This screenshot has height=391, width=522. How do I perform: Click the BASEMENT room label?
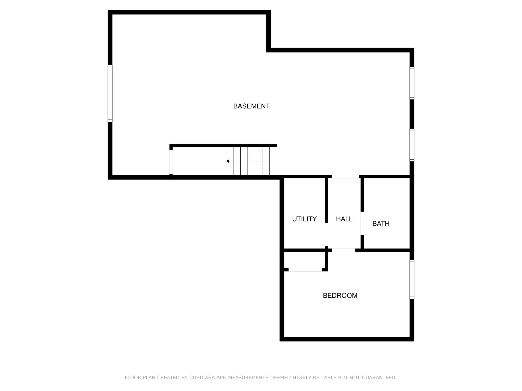point(251,106)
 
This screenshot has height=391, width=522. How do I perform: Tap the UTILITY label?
point(304,219)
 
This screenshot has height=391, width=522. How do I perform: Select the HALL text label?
point(344,219)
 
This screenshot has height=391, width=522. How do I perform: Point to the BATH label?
point(381,224)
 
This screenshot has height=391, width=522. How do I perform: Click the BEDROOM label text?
point(340,296)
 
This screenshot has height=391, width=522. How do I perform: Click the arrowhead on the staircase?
point(228,161)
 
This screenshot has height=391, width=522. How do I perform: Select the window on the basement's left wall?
point(110,93)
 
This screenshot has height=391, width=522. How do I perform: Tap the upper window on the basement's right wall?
point(412,83)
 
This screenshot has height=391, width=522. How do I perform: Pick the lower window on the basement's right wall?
point(412,145)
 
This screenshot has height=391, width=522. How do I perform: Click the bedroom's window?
point(412,279)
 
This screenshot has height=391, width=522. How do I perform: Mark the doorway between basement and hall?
point(345,177)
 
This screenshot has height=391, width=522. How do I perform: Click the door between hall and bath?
point(362,223)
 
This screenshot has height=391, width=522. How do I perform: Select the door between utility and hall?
point(327,234)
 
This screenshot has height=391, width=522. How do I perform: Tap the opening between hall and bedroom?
point(344,250)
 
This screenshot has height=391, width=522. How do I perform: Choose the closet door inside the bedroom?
point(305,270)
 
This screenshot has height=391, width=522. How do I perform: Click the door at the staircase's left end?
point(171,162)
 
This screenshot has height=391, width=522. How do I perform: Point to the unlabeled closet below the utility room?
point(304,260)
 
